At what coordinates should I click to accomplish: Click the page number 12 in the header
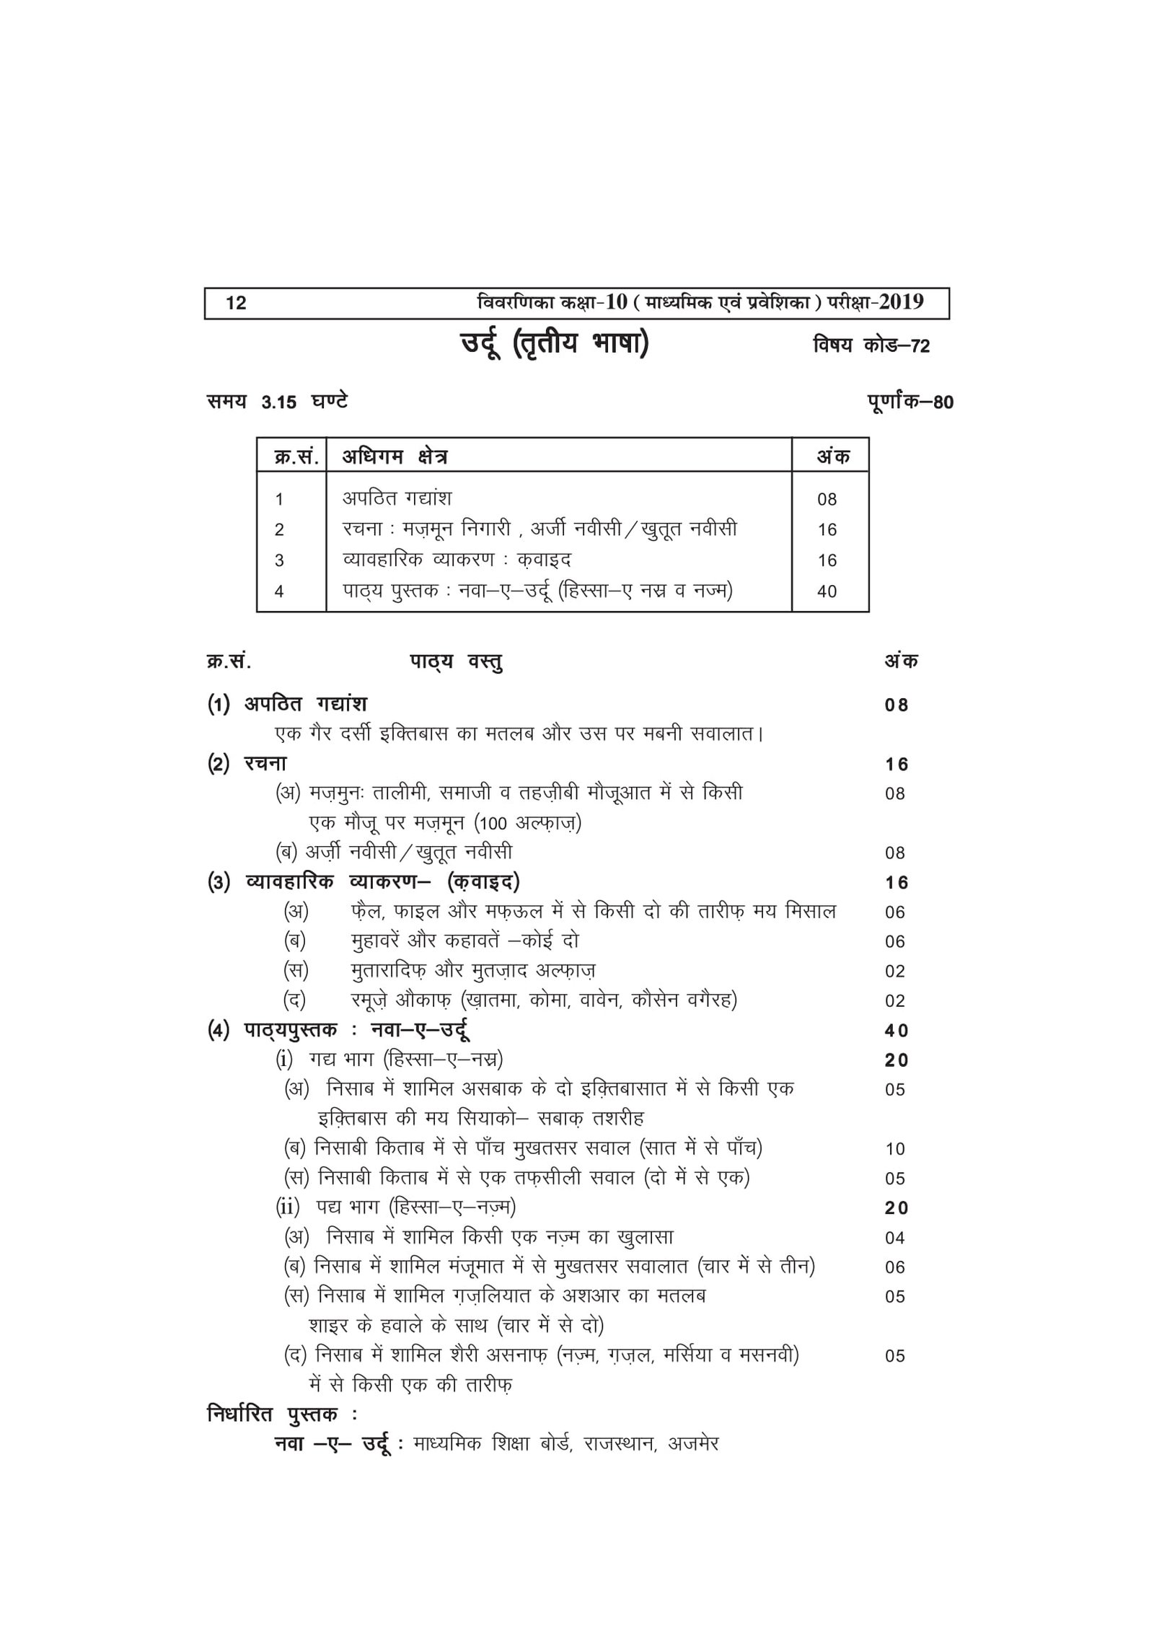point(236,303)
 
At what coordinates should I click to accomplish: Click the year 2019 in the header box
point(899,301)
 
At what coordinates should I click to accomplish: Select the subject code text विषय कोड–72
point(871,346)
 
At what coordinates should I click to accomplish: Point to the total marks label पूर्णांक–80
point(910,402)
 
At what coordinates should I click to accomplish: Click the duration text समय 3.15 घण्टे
point(277,402)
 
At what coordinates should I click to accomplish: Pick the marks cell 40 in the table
point(827,591)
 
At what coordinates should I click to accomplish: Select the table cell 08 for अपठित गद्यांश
point(827,499)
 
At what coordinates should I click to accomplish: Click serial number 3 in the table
point(279,560)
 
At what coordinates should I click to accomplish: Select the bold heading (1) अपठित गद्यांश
point(287,704)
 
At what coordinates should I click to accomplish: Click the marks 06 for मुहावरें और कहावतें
point(894,942)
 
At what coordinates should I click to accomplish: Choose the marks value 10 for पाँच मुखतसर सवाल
point(894,1149)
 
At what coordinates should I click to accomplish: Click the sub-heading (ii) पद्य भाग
point(395,1207)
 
